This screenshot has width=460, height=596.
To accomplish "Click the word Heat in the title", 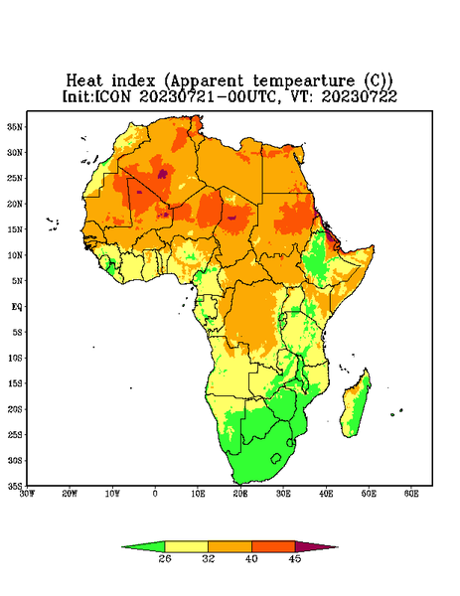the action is click(84, 81).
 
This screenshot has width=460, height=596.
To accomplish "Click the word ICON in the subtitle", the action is click(112, 96).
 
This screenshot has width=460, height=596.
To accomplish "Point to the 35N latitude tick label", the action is click(15, 126).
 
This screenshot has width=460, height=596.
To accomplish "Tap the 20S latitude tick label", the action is click(15, 409).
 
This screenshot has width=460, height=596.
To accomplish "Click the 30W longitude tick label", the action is click(27, 494).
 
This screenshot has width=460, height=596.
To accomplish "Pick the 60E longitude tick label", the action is click(411, 494).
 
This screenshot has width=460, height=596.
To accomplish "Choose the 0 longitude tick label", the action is click(155, 494).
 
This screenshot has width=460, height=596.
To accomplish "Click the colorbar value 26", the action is click(165, 558).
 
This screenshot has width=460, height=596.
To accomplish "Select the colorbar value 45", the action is click(295, 558).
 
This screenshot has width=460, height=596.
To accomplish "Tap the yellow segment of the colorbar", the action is click(186, 546).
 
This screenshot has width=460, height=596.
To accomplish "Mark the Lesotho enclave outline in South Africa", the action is click(276, 458).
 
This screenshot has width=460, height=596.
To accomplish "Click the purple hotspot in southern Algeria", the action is click(163, 174).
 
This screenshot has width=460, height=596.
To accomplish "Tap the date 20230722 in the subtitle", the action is click(360, 96).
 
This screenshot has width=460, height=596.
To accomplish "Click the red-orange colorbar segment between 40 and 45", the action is click(273, 546).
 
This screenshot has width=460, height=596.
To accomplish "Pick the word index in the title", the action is click(134, 81).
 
